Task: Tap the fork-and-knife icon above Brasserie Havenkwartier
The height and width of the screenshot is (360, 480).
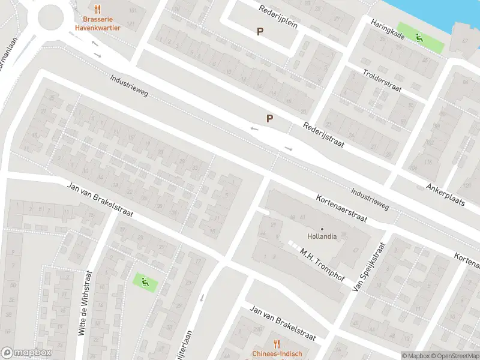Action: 98,8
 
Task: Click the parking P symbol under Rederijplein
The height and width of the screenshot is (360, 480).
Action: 260,32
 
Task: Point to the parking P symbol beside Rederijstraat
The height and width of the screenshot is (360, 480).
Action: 270,118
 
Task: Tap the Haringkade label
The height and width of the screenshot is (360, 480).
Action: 388,29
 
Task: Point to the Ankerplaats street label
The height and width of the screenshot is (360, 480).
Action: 446,194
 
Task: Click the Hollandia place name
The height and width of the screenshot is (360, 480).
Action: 322,236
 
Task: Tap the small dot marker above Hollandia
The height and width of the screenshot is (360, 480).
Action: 322,229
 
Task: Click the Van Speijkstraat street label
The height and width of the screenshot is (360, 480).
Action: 368,268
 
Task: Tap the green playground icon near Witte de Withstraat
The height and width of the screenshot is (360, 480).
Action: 143,280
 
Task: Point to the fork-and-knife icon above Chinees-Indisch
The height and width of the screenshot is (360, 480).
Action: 276,343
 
